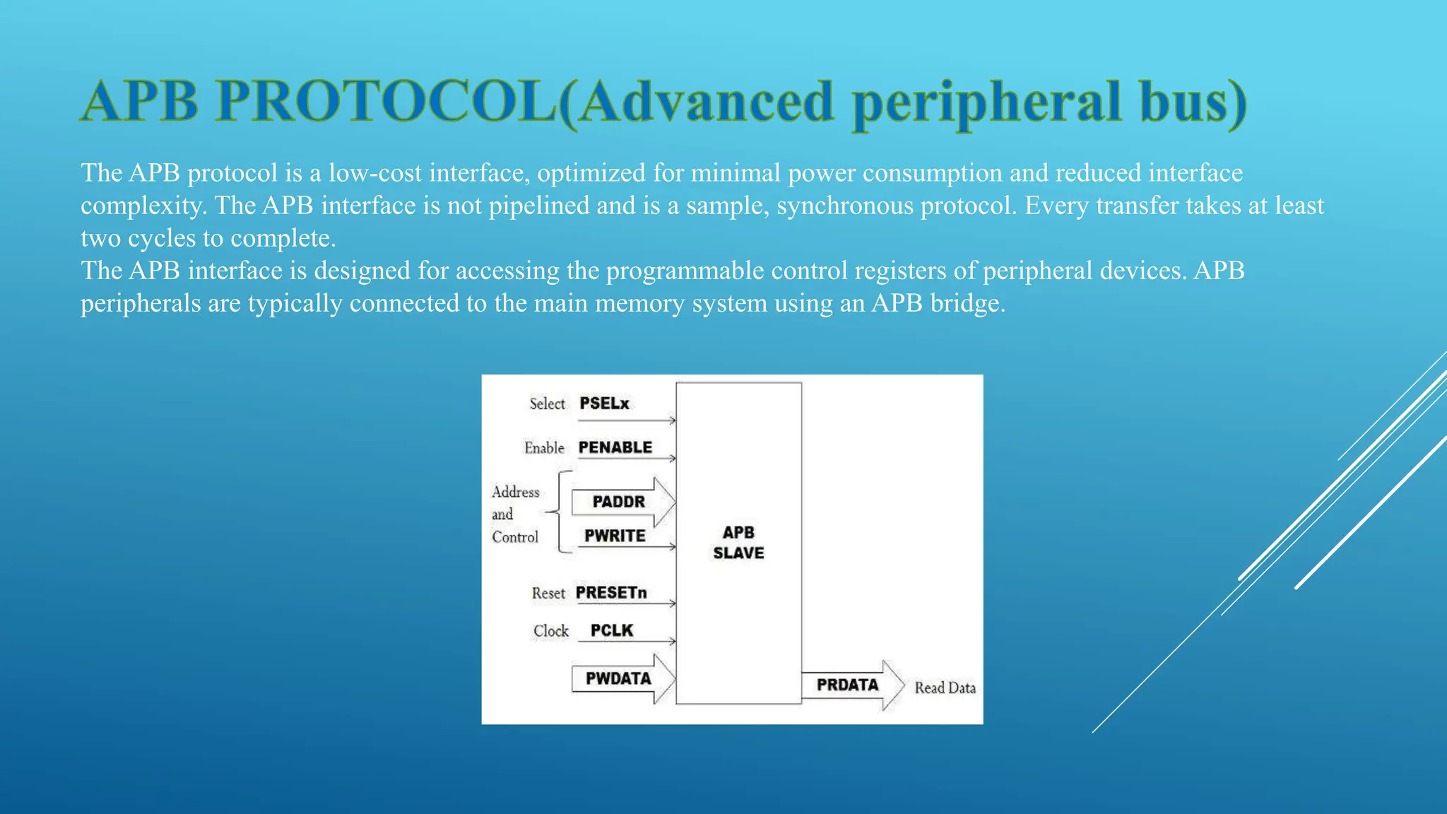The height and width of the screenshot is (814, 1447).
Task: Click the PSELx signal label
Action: pos(604,403)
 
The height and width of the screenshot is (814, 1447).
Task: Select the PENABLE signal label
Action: pos(615,447)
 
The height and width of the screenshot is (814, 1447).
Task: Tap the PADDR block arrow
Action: pos(622,502)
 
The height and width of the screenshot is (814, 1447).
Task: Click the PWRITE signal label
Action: pos(615,536)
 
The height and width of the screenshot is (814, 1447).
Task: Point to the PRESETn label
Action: pos(611,593)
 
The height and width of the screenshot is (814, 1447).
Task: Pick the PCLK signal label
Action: pos(612,630)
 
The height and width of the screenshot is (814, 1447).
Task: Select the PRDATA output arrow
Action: pos(851,685)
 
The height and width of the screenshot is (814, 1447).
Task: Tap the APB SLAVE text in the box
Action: pos(738,543)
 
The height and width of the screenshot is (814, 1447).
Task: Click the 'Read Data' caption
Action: pos(945,688)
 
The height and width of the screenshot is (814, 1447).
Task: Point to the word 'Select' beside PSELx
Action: pos(548,403)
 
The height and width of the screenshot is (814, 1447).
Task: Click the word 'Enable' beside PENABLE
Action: pos(544,448)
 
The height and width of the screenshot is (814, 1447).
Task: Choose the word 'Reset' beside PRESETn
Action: pos(548,594)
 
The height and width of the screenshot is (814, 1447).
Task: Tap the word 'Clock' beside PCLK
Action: pos(550,631)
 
